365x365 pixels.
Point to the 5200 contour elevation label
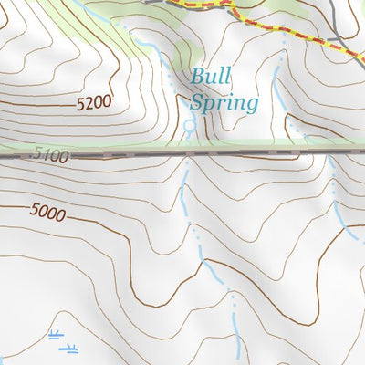(x=94, y=105)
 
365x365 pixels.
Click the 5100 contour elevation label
(x=49, y=156)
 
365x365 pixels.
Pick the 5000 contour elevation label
(x=47, y=212)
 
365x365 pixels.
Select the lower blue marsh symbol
(x=69, y=348)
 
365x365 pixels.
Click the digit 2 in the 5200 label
(x=89, y=105)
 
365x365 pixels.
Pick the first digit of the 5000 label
(x=34, y=211)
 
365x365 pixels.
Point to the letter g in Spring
(x=250, y=104)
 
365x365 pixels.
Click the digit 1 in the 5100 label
(x=44, y=156)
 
